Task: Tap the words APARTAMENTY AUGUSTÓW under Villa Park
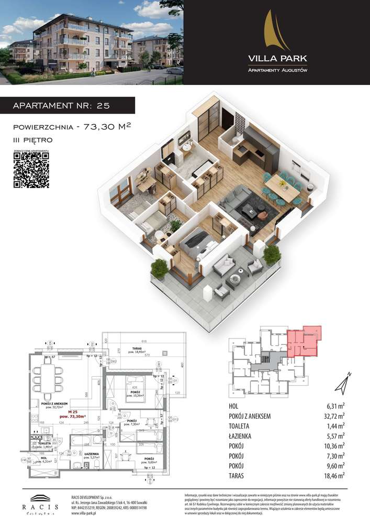point(277,70)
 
